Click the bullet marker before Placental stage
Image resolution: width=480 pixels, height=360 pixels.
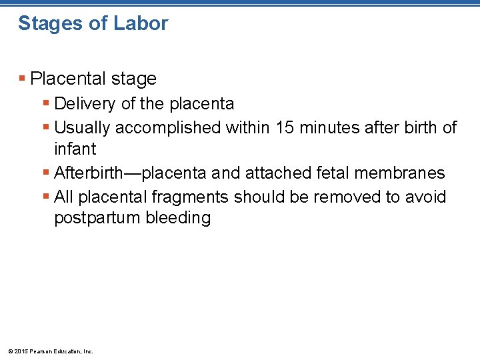point(23,79)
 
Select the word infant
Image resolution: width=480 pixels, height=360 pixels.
point(75,148)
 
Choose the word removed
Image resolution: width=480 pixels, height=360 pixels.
point(347,197)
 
